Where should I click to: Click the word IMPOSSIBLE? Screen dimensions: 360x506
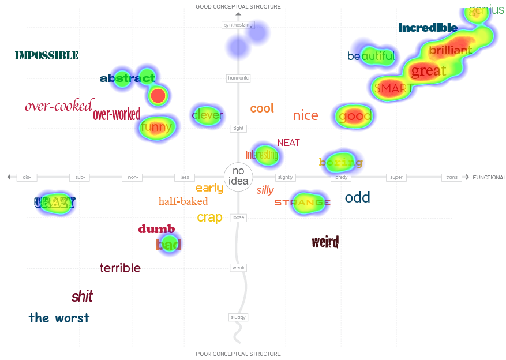(x=46, y=55)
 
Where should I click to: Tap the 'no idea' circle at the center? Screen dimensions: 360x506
(x=238, y=177)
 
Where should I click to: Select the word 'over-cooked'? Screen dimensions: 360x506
(x=58, y=106)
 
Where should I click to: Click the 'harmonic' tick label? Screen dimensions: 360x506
(x=238, y=78)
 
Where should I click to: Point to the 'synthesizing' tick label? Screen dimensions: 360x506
(x=238, y=25)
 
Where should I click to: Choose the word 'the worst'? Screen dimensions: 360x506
(x=59, y=318)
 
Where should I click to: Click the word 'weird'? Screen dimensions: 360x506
(x=325, y=242)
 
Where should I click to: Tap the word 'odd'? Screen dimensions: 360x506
(x=357, y=197)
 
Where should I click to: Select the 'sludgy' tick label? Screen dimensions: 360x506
(x=238, y=317)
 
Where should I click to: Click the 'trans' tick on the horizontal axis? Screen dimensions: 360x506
(x=452, y=177)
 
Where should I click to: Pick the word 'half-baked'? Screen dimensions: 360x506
(x=183, y=201)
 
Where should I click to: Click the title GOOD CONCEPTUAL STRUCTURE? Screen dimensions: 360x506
(x=238, y=7)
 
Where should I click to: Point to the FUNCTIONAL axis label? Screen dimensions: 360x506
(x=489, y=177)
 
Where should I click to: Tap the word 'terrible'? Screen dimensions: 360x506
(x=120, y=268)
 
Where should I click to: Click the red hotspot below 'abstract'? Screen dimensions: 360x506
(x=158, y=95)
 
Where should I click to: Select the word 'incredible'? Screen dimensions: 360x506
(x=428, y=28)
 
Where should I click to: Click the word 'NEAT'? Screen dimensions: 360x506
(x=288, y=142)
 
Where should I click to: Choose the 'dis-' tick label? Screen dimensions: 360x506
(x=27, y=177)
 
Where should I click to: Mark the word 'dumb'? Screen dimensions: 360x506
(x=156, y=229)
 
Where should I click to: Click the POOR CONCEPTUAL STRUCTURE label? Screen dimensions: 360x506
(x=238, y=354)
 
